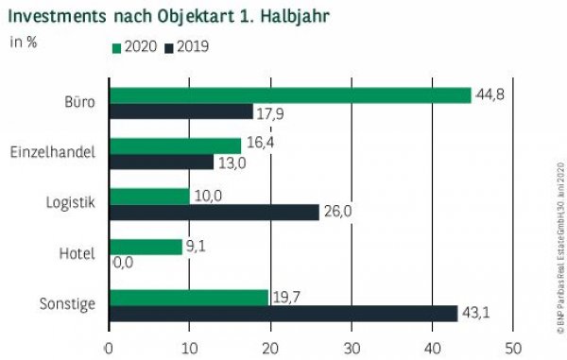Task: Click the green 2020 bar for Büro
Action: coord(290,95)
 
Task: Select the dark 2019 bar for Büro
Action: coord(181,111)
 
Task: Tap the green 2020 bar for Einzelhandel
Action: coord(176,146)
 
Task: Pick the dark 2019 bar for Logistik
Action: coord(215,212)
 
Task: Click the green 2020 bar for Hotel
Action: coord(146,247)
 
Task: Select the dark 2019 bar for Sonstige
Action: coord(283,313)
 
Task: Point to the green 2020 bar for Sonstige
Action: coord(189,297)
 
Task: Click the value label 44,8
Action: coord(489,94)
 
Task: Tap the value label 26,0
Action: coord(337,212)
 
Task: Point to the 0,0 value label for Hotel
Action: coord(124,263)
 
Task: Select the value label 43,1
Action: coord(476,314)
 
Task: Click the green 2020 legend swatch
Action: coord(116,47)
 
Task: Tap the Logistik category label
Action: coord(71,202)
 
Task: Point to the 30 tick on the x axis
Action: coord(351,347)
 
